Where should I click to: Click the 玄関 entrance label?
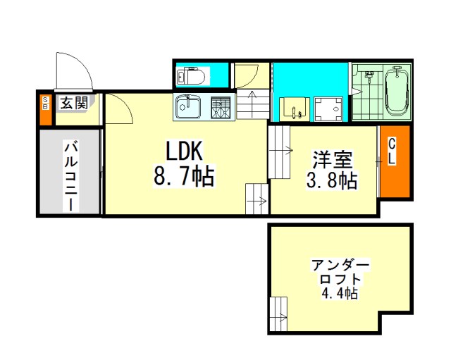[x=74, y=103]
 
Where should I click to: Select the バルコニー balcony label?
[x=70, y=176]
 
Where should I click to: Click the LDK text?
[x=184, y=150]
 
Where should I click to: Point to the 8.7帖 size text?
[x=184, y=175]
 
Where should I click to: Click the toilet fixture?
[x=191, y=76]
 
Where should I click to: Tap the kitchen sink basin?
[x=188, y=106]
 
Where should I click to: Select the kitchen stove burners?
[x=221, y=108]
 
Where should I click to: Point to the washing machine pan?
[x=328, y=109]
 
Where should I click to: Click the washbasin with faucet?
[x=295, y=108]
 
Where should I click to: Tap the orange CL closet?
[x=395, y=161]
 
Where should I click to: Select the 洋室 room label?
[x=333, y=159]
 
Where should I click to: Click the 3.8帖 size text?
[x=332, y=180]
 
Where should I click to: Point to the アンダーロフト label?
[x=340, y=271]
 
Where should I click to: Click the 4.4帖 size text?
[x=340, y=294]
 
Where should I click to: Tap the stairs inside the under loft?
[x=279, y=314]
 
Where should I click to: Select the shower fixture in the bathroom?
[x=369, y=76]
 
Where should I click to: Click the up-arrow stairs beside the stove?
[x=252, y=104]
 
